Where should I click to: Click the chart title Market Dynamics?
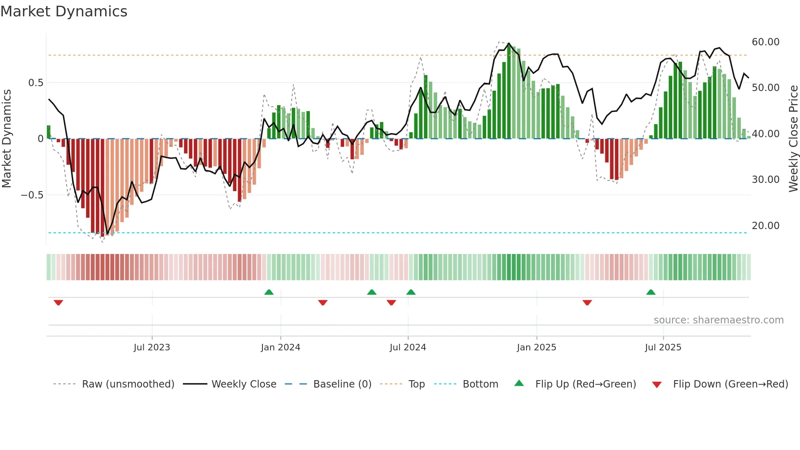64,11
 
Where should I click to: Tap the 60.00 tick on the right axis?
765,42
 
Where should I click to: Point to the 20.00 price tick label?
765,225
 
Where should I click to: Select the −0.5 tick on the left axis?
32,195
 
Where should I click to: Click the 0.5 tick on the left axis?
36,83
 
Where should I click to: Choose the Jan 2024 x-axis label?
280,348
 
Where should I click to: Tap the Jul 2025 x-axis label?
663,348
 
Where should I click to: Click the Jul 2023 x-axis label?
152,348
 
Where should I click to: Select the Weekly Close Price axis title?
793,138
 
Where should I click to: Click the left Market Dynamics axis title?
7,138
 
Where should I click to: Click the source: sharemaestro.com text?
718,320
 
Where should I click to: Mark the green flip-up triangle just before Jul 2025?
651,292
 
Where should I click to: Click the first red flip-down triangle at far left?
58,303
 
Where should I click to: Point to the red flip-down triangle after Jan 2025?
587,303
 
